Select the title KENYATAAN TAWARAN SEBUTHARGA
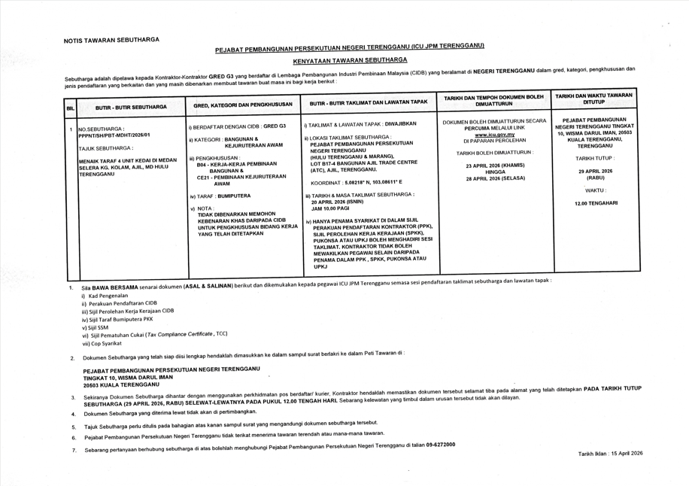[350, 59]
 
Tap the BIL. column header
[70, 108]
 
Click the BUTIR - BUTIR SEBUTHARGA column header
[131, 108]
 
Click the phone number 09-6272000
[439, 445]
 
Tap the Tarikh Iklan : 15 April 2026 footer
[610, 454]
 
